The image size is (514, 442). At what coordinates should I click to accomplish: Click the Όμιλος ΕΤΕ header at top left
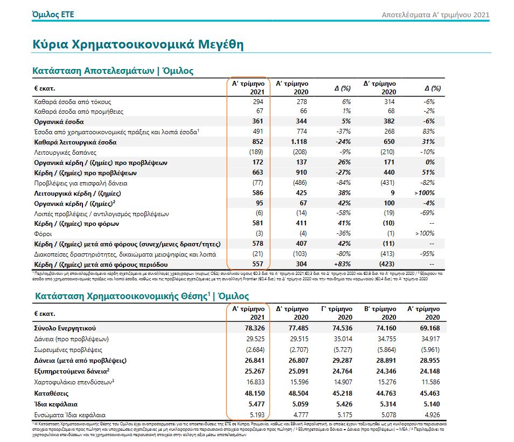(53, 15)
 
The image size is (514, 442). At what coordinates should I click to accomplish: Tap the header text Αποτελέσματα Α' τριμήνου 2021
(435, 15)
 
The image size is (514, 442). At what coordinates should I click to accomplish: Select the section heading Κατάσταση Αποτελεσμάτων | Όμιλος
(113, 71)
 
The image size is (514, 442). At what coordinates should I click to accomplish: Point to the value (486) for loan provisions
(299, 183)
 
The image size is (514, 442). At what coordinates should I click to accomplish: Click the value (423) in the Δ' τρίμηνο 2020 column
(387, 265)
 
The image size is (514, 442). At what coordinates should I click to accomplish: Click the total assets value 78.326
(252, 328)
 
